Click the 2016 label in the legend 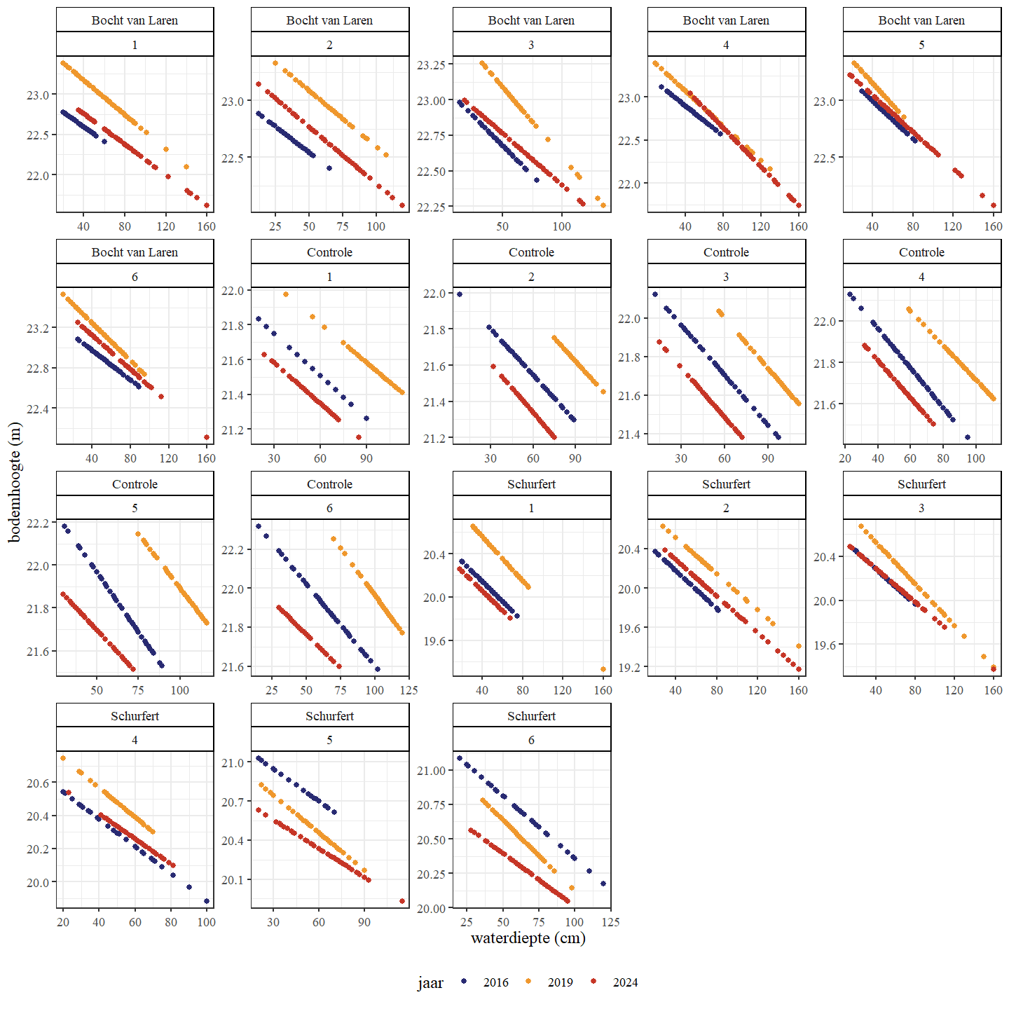point(495,982)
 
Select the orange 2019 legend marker point(529,982)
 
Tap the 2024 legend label point(625,982)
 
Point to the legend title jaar point(430,983)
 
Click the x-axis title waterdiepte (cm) point(528,938)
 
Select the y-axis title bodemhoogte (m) point(15,483)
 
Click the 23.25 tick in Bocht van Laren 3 point(431,64)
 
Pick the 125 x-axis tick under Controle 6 point(408,690)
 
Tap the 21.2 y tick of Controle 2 point(434,439)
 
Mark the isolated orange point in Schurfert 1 point(603,669)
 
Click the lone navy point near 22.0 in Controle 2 point(460,294)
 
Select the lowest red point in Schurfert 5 point(402,901)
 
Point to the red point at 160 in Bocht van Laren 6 point(207,437)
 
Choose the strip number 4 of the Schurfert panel point(135,740)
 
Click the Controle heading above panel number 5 point(135,484)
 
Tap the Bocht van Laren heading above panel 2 point(329,20)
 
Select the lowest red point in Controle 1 point(359,437)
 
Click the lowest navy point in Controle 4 point(968,437)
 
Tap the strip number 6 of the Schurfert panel point(531,740)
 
